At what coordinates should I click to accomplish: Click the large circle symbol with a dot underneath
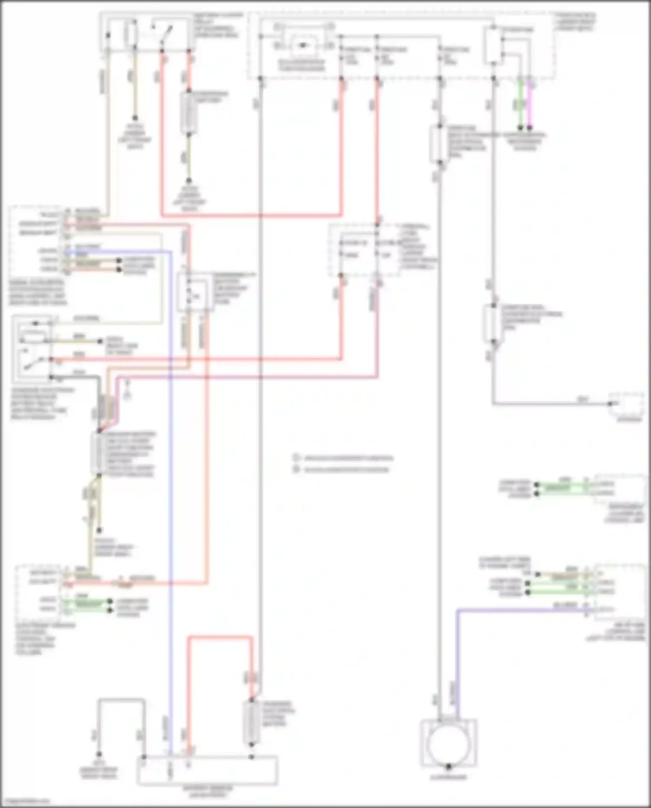[449, 744]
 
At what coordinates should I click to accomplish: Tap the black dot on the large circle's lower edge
[449, 766]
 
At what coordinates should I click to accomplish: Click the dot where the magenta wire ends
[530, 129]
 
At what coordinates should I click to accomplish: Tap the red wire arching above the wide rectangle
[220, 637]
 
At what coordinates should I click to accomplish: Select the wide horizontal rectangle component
[207, 770]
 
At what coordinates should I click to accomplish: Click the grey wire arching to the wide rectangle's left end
[122, 700]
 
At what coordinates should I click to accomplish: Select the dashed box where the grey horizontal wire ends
[626, 406]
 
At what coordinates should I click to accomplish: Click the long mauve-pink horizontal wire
[247, 377]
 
